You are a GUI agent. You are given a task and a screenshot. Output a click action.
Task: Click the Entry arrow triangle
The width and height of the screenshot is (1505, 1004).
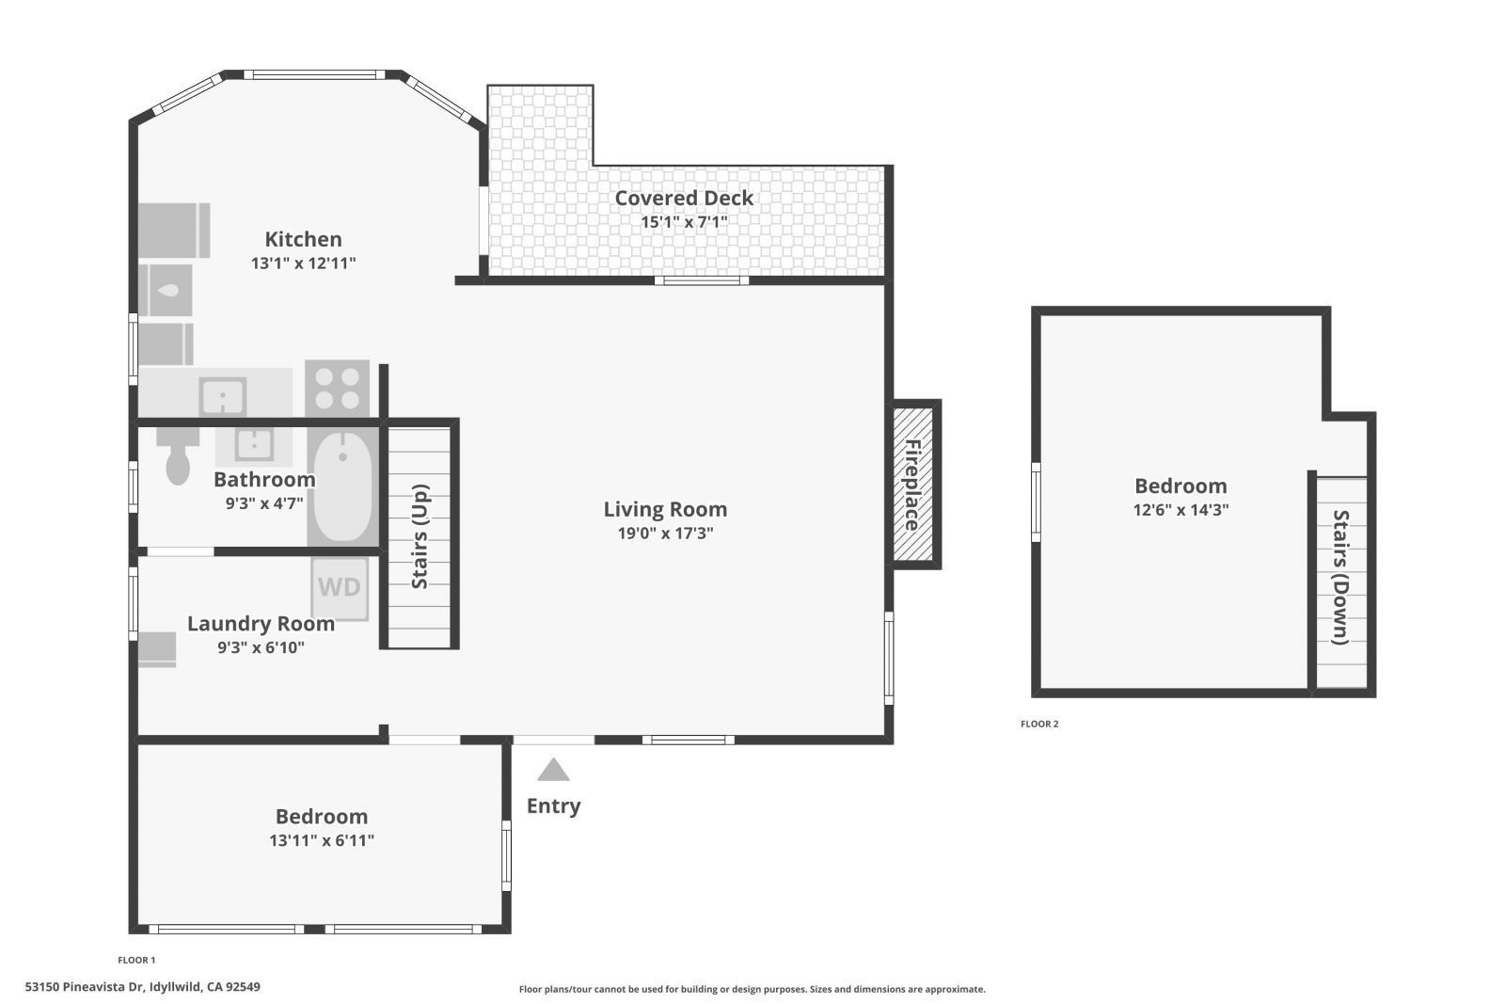(x=553, y=771)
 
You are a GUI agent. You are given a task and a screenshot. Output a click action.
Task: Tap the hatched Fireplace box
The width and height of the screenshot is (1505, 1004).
(x=912, y=485)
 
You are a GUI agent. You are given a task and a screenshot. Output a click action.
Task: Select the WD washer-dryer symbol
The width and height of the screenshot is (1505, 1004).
(x=340, y=588)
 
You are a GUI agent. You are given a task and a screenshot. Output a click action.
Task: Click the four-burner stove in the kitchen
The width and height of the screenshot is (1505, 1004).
(x=337, y=389)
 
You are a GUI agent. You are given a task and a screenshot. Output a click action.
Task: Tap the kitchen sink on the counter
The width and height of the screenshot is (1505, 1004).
(x=223, y=396)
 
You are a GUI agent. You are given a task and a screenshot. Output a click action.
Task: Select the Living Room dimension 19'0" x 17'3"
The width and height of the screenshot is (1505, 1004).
(x=665, y=534)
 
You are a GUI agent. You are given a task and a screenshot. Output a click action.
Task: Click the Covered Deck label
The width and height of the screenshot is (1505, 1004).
(x=684, y=198)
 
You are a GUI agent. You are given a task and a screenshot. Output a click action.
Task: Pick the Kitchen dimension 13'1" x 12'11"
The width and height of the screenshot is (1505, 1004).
(x=303, y=263)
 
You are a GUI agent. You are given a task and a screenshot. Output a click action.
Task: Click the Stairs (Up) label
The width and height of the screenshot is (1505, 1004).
(x=420, y=536)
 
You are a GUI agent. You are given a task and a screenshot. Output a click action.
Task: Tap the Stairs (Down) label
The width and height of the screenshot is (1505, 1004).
(x=1340, y=577)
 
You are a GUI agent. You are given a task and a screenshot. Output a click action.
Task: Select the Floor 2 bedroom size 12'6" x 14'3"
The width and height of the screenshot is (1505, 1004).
(x=1180, y=510)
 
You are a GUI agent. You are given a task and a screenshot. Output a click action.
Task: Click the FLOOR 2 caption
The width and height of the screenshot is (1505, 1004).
(x=1039, y=724)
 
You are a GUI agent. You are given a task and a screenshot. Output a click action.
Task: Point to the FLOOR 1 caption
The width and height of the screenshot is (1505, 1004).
(x=136, y=960)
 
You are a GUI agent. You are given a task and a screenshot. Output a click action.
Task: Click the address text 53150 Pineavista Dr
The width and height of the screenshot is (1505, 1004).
(x=85, y=987)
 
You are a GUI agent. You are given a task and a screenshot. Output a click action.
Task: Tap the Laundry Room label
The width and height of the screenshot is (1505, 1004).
(x=261, y=623)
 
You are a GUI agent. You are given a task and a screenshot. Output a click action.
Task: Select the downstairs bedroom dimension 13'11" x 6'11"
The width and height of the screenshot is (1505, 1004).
(x=322, y=840)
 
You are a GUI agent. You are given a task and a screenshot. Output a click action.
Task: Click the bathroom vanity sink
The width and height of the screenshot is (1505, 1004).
(x=254, y=443)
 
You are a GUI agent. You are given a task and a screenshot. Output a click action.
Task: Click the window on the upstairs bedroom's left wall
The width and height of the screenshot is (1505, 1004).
(x=1036, y=502)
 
